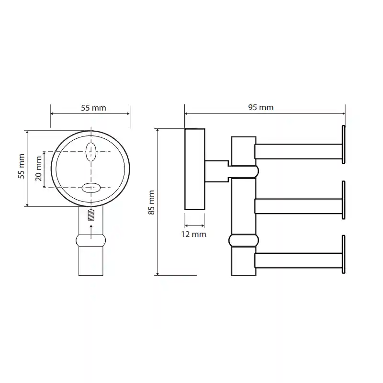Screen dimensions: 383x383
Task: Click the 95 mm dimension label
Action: [260, 107]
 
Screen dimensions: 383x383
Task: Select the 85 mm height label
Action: [151, 203]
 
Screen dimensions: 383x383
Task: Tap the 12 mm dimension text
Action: [193, 234]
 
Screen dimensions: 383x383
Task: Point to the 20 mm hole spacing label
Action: [39, 169]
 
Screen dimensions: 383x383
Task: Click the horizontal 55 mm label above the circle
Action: [93, 108]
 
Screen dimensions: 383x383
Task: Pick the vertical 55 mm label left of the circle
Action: [22, 166]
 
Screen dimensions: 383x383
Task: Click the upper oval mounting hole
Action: [90, 152]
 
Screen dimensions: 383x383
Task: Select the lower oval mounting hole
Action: [91, 188]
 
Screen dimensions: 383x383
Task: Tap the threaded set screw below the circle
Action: [91, 215]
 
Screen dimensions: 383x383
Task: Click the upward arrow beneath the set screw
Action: [91, 232]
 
